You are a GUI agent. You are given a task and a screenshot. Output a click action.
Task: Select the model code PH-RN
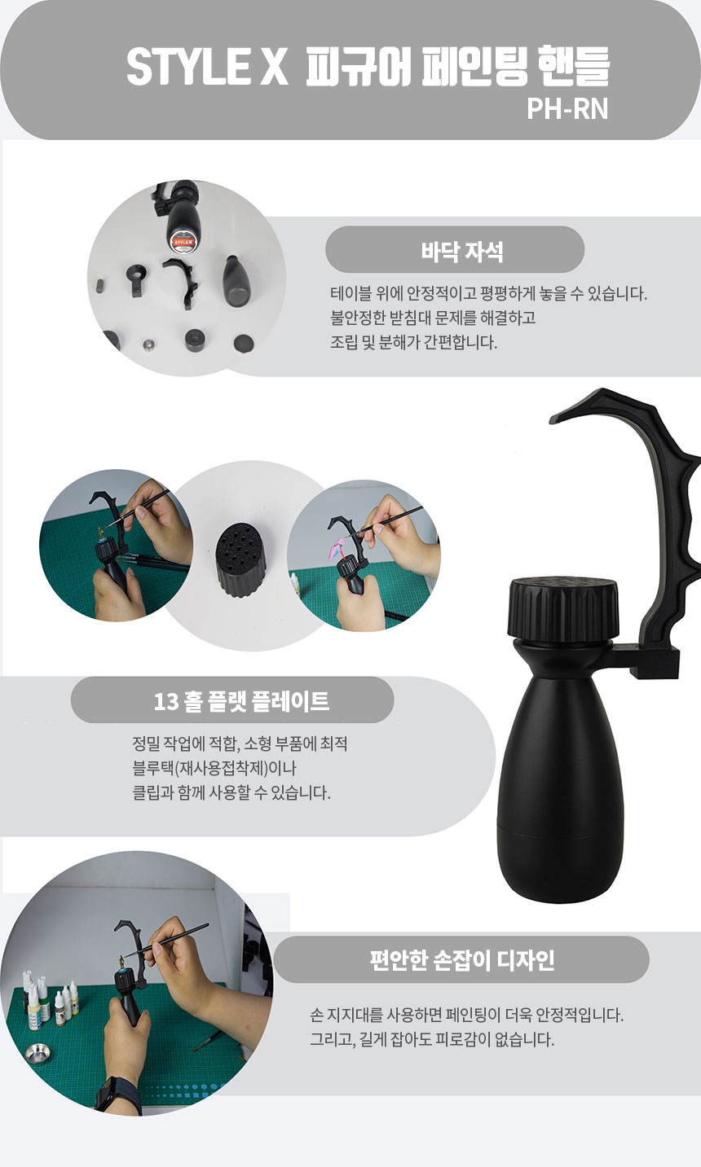[x=567, y=109]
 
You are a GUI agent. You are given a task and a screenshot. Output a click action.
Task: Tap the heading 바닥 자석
[x=462, y=252]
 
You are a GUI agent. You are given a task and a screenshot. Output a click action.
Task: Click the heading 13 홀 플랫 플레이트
[x=241, y=701]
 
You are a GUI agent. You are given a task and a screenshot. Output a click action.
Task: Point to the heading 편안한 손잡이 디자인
[x=462, y=959]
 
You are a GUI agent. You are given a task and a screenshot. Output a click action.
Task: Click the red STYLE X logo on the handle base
[x=183, y=241]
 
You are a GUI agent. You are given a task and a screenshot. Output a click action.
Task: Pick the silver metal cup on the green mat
[x=38, y=1052]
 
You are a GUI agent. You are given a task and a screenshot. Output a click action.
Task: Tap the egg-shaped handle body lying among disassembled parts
[x=238, y=281]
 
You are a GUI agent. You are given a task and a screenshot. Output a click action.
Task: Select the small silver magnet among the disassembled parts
[x=148, y=344]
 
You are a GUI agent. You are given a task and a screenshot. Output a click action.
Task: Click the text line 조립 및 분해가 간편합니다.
[x=414, y=342]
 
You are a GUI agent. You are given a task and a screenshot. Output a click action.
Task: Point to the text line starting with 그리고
[x=432, y=1039]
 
